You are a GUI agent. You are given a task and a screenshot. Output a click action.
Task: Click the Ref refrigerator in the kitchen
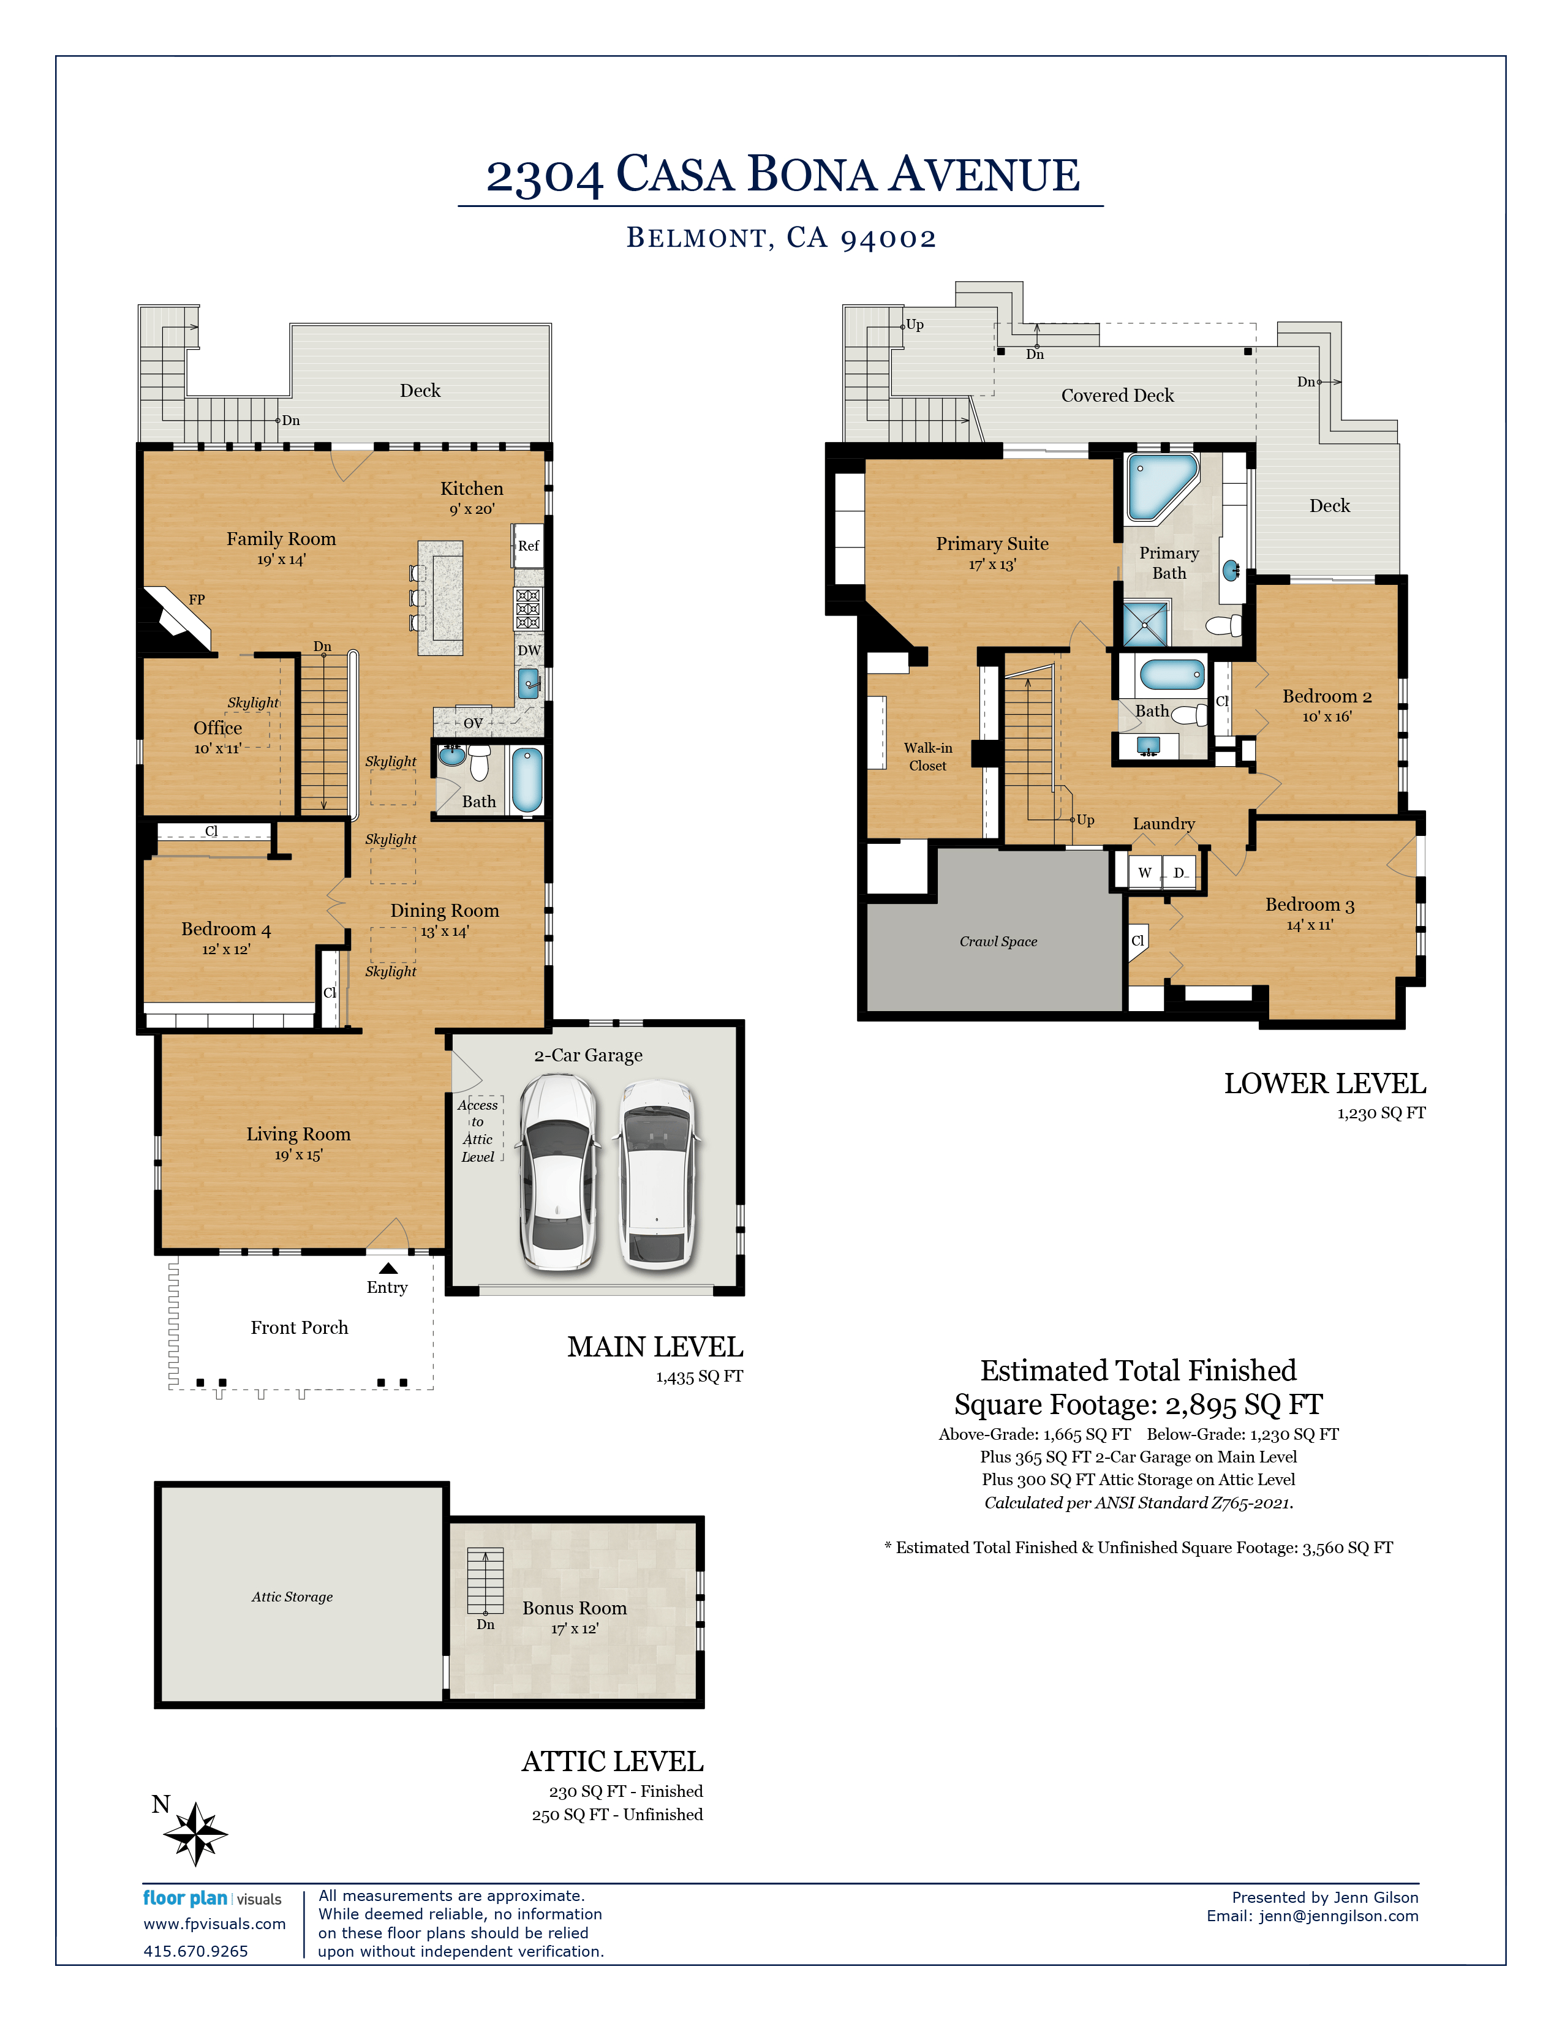(527, 546)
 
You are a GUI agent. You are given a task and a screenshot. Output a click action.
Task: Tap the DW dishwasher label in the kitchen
(529, 650)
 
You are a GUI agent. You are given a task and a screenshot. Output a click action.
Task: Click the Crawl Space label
(997, 941)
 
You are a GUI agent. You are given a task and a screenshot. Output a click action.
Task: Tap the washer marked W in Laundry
(1145, 871)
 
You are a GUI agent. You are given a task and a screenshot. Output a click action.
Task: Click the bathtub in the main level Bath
(527, 780)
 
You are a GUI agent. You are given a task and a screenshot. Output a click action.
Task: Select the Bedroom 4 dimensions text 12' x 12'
(226, 949)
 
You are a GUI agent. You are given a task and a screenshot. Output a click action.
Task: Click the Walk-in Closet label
(927, 757)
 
